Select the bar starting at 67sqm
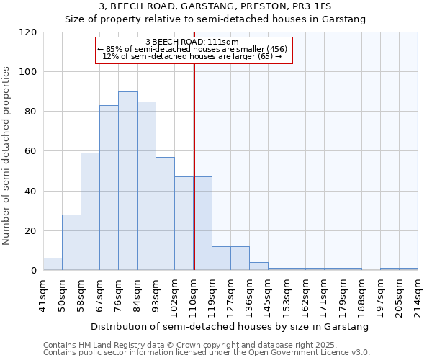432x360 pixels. coord(109,188)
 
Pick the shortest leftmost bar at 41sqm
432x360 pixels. coord(53,264)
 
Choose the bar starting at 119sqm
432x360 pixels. coord(221,258)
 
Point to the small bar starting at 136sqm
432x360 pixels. coord(258,266)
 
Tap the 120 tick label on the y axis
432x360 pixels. coord(28,32)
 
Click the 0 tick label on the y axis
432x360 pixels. coord(34,271)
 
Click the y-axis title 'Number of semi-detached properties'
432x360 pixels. coord(7,156)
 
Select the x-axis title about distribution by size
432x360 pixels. coord(230,326)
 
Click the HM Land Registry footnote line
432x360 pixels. coord(180,345)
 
